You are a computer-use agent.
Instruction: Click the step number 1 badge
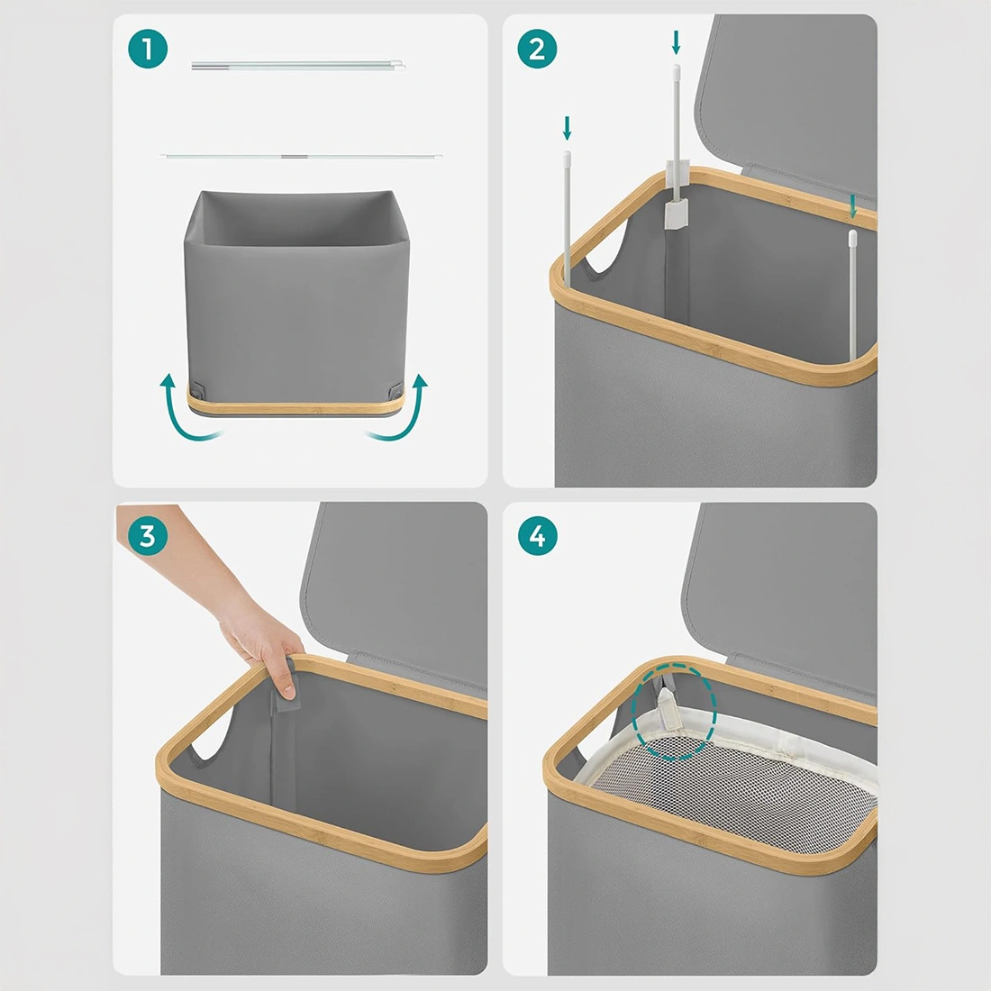[148, 49]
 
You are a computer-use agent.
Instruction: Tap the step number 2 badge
[537, 49]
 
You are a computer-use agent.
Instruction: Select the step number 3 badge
[148, 536]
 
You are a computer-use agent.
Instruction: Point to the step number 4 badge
[537, 536]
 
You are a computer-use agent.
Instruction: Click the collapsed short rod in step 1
[297, 65]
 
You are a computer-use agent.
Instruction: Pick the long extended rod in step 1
[301, 156]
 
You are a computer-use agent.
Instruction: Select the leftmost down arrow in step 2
[567, 128]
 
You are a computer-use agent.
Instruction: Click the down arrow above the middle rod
[677, 42]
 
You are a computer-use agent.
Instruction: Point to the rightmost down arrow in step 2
[853, 206]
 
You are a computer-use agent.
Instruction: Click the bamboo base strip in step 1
[295, 405]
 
